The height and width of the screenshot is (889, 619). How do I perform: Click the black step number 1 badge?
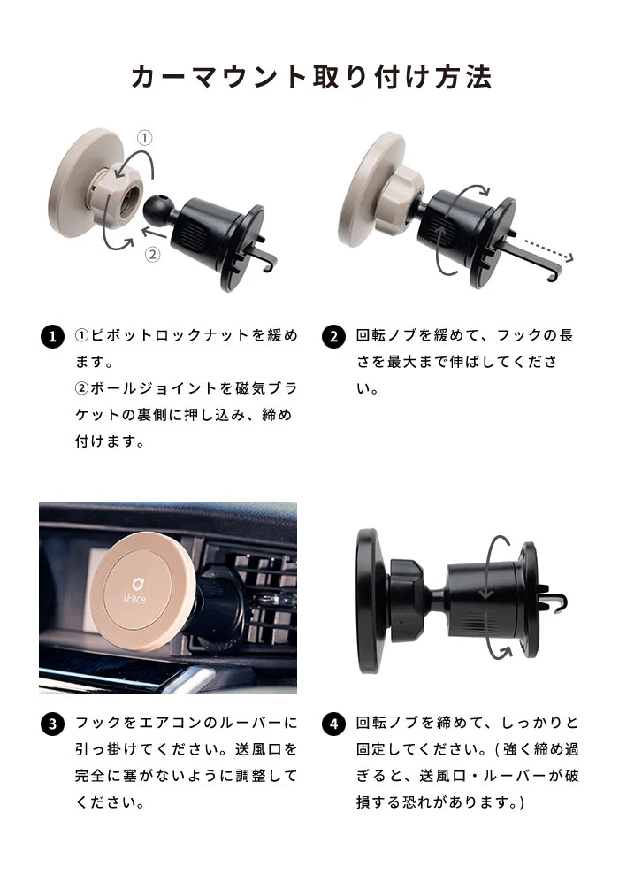[53, 337]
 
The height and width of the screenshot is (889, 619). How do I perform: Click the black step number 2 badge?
[333, 337]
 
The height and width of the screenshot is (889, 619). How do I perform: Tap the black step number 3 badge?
[53, 724]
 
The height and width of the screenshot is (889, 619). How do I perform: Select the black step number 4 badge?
[333, 724]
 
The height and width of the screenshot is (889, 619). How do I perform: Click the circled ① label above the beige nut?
[144, 138]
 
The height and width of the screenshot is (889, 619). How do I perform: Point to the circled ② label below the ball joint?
[152, 255]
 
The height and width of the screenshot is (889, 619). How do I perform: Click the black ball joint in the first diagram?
[157, 210]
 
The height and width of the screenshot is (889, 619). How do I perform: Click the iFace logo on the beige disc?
[135, 590]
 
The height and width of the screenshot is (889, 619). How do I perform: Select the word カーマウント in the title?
[218, 77]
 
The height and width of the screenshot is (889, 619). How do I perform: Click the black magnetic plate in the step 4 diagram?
[369, 601]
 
